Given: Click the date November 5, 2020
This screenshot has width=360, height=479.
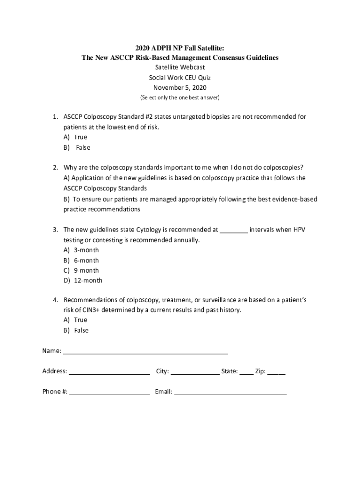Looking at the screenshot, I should pos(180,87).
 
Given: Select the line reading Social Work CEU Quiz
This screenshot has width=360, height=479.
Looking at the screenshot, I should pos(180,78).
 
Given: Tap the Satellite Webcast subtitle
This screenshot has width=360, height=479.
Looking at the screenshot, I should pos(180,67).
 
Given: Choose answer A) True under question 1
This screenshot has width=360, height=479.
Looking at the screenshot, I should pos(76,137).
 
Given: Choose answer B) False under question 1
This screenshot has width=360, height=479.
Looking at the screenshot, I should pos(77,147).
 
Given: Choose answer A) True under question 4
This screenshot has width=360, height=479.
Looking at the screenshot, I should pos(76,320).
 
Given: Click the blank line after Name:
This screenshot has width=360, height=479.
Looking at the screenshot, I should pos(145,352).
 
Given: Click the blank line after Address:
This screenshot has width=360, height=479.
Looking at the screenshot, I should pos(109,372).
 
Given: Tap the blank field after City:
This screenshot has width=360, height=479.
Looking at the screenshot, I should pos(195,372).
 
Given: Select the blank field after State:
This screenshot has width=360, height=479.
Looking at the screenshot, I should pos(246,372).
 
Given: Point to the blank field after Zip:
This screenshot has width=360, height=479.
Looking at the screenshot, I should pos(276,372).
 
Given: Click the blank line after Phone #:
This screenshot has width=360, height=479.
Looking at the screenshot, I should pos(109,392).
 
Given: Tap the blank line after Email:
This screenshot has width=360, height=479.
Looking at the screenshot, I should pos(230,392).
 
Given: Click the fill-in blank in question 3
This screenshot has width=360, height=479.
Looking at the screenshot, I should pos(234,230).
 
